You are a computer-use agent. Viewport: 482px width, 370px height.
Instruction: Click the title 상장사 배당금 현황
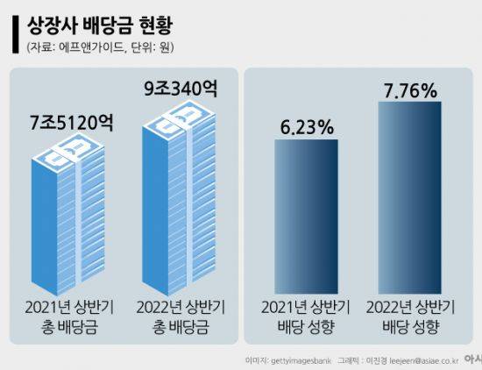click(100, 25)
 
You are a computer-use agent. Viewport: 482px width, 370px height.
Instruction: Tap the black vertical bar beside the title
click(16, 34)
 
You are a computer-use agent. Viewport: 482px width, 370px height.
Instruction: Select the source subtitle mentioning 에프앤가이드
click(100, 47)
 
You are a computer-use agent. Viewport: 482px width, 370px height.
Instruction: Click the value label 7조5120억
click(72, 123)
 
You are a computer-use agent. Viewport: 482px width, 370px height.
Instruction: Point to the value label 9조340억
click(181, 89)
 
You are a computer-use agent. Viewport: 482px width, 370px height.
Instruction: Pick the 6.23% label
click(307, 127)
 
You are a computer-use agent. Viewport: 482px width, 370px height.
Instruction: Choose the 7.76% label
click(410, 90)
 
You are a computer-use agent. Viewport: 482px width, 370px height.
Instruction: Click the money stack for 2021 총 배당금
click(68, 215)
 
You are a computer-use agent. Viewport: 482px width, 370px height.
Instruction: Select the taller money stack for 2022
click(179, 197)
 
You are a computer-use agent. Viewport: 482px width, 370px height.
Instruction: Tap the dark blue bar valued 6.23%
click(306, 217)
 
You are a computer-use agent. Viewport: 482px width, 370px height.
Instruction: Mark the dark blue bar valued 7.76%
click(410, 197)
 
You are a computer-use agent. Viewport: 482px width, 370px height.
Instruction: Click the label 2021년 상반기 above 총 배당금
click(69, 307)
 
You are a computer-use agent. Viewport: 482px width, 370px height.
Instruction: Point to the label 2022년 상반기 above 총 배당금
click(181, 307)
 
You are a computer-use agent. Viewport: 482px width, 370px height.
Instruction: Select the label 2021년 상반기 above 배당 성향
click(306, 307)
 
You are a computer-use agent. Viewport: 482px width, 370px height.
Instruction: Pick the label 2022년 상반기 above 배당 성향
click(410, 307)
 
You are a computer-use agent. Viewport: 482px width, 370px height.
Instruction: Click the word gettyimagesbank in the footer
click(301, 360)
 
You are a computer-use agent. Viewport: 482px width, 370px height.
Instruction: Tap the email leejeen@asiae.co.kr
click(423, 360)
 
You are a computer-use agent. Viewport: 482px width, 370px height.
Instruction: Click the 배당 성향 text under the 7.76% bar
click(410, 327)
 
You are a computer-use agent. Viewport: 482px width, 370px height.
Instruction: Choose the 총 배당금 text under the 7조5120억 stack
click(69, 327)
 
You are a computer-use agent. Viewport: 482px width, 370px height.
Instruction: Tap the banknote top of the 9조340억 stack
click(179, 118)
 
